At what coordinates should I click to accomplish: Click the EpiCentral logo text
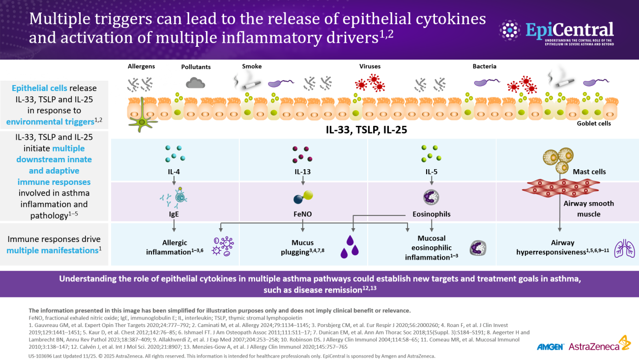point(569,30)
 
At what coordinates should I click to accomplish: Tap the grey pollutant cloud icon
point(196,83)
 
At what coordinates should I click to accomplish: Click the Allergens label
point(141,66)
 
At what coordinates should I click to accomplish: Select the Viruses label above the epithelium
point(370,66)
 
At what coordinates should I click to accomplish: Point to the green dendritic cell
point(142,117)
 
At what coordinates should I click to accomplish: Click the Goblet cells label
point(594,123)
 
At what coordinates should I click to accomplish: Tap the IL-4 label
point(174,172)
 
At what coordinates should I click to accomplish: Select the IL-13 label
point(303,172)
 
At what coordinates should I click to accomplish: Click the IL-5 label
point(432,172)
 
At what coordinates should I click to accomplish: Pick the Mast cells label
point(589,172)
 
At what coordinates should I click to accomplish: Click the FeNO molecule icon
point(303,197)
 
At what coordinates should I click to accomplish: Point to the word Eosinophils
point(432,214)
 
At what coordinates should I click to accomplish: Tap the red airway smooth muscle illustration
point(561,188)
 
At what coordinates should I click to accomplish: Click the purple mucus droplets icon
point(350,247)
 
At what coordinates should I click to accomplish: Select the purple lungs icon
point(624,249)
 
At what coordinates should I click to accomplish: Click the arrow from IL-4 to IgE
point(174,180)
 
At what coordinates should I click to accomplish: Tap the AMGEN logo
point(551,347)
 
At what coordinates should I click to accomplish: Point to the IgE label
point(174,214)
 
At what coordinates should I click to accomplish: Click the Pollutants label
point(196,67)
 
